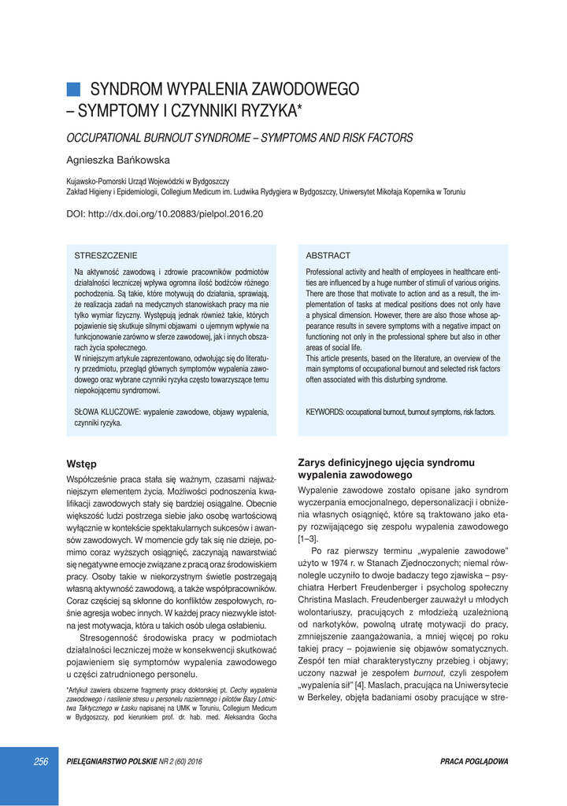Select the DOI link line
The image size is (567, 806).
pyautogui.click(x=164, y=213)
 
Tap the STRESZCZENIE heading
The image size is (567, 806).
pyautogui.click(x=106, y=256)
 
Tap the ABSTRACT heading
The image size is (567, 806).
pyautogui.click(x=328, y=256)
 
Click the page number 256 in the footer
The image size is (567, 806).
pyautogui.click(x=41, y=761)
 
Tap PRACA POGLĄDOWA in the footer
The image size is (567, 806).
pyautogui.click(x=474, y=761)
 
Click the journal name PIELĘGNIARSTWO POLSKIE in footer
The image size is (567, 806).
pyautogui.click(x=112, y=761)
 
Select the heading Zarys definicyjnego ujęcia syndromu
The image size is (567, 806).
pyautogui.click(x=386, y=463)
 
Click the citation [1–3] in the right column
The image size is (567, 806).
pyautogui.click(x=308, y=539)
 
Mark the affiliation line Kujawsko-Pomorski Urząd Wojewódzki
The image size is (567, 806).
pyautogui.click(x=147, y=181)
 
